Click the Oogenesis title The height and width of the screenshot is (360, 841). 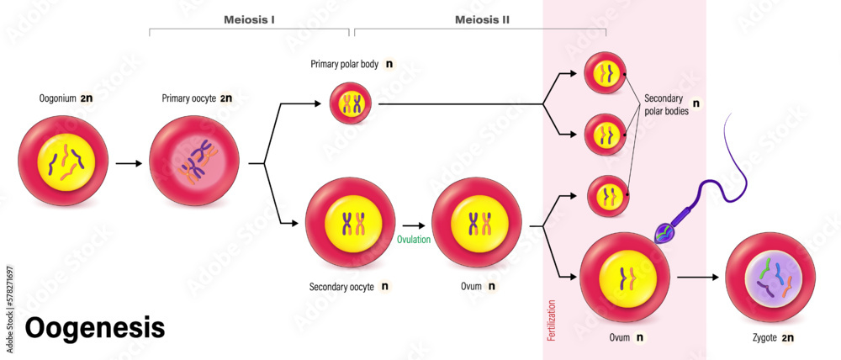point(94,328)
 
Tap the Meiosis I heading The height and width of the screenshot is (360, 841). point(249,18)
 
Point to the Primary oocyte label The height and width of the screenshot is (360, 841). point(189,98)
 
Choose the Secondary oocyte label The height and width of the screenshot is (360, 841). point(342,286)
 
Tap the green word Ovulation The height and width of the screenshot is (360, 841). point(414,239)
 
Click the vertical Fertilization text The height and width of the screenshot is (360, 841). point(553,312)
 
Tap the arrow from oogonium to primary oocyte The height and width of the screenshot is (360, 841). point(129,163)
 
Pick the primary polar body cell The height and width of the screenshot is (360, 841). point(351,104)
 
